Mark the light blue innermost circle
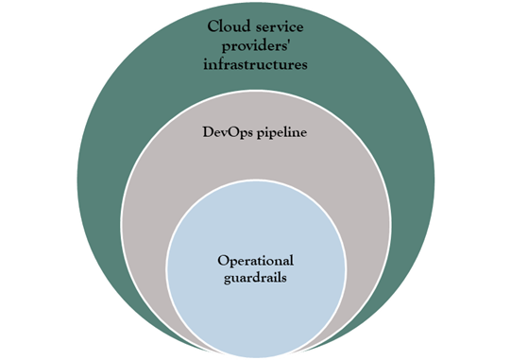coord(255,312)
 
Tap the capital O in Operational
coord(223,259)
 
